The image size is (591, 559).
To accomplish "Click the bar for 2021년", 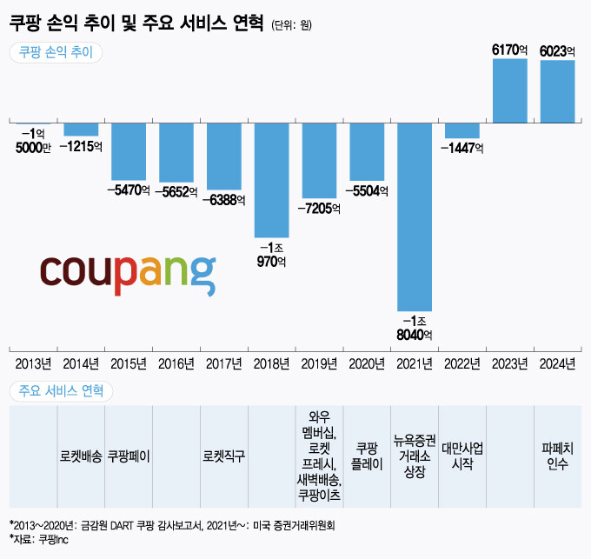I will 415,216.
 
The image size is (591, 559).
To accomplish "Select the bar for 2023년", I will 510,91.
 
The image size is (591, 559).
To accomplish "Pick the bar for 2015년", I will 129,151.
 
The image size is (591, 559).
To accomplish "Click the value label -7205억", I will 319,209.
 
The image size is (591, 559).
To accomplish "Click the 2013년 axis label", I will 33,363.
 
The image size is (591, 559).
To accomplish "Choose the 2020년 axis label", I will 367,363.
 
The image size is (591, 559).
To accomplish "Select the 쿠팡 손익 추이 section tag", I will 56,51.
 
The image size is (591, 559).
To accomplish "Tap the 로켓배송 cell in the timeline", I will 81,455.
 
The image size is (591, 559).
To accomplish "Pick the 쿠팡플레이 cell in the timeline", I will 367,455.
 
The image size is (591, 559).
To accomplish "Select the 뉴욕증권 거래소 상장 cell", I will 415,455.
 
